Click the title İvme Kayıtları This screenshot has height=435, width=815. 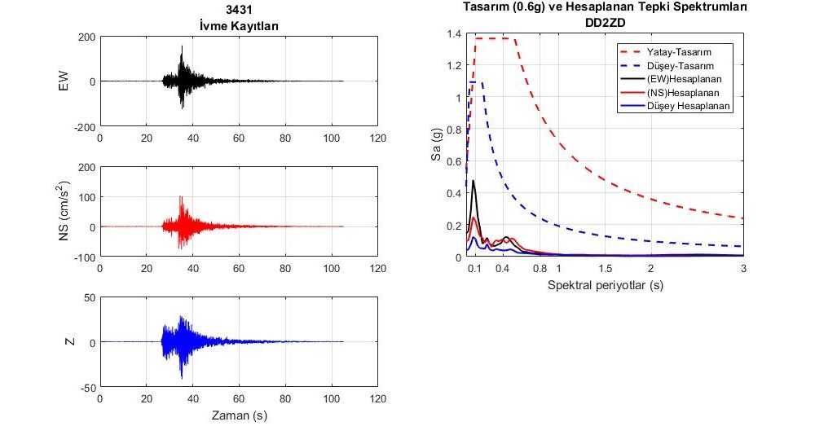[239, 25]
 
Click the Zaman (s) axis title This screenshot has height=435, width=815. [239, 415]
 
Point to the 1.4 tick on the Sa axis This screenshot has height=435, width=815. [453, 34]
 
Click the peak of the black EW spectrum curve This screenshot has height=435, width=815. [474, 181]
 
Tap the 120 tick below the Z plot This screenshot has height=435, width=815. [377, 401]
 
